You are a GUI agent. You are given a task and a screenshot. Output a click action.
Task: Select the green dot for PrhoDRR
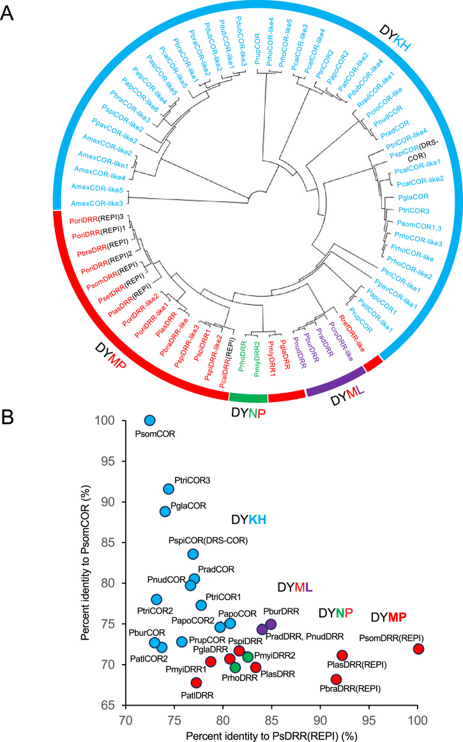click(235, 668)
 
